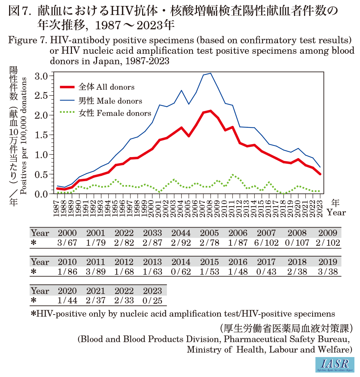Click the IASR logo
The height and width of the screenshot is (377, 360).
coord(335,364)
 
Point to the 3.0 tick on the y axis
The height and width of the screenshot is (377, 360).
coord(44,76)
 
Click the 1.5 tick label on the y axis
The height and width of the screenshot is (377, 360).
coord(44,135)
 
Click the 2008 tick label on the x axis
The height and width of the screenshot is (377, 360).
coord(210,211)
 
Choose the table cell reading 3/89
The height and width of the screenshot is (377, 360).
coord(96,272)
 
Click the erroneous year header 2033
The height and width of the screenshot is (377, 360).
coord(153,233)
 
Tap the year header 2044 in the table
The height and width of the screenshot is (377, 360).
coord(181,233)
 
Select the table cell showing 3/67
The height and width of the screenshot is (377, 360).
coord(67,243)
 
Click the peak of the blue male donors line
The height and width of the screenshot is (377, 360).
coord(210,73)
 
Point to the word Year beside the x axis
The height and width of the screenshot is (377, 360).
coord(336,213)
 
